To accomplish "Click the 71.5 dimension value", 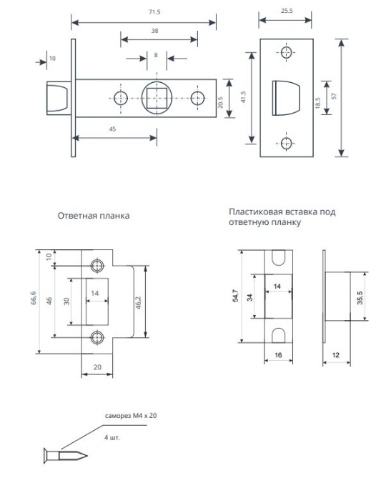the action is (x=154, y=12).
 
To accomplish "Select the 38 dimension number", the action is (x=154, y=31).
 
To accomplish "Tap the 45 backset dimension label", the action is (x=112, y=129).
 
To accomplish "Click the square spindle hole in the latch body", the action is (x=157, y=98).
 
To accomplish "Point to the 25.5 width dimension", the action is (x=287, y=11).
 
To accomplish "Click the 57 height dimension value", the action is (x=335, y=96).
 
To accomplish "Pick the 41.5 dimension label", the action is (x=243, y=97).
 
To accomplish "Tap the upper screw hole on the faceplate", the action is (x=287, y=52).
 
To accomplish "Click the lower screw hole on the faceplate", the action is (x=287, y=143).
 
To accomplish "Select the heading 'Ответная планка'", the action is (x=94, y=216).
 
